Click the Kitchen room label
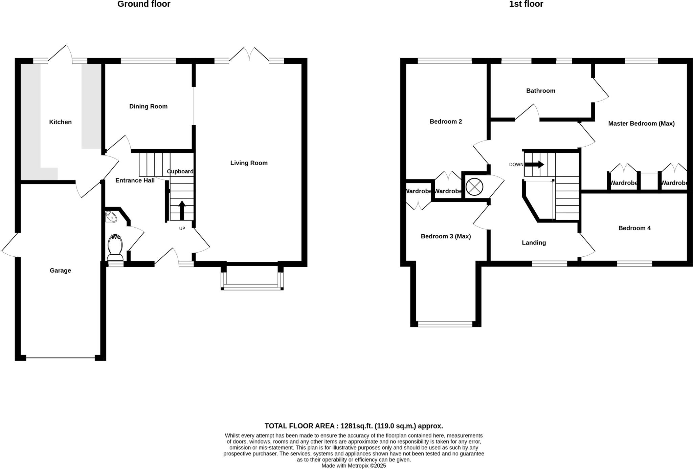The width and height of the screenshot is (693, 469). point(60,122)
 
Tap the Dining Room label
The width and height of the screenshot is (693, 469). point(148,106)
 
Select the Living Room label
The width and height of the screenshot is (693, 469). point(249,163)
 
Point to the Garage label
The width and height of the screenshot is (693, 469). point(60,270)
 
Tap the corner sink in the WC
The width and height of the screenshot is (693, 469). point(111,216)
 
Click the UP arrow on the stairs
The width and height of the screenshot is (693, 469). point(182,210)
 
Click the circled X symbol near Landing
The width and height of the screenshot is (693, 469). point(474,187)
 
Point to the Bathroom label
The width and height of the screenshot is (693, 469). point(540,91)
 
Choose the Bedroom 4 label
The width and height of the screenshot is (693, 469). point(634,228)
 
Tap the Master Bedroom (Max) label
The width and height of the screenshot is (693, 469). point(641,124)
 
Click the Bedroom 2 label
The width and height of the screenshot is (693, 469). point(446,122)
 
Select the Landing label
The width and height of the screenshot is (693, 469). point(534,242)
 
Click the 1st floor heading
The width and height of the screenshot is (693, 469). point(526,4)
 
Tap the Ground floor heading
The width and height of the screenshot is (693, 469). point(144,4)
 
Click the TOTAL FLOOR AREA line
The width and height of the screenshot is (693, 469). point(353,426)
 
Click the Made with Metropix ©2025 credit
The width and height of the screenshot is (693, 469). point(353,466)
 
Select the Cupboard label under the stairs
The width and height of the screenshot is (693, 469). point(180,171)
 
